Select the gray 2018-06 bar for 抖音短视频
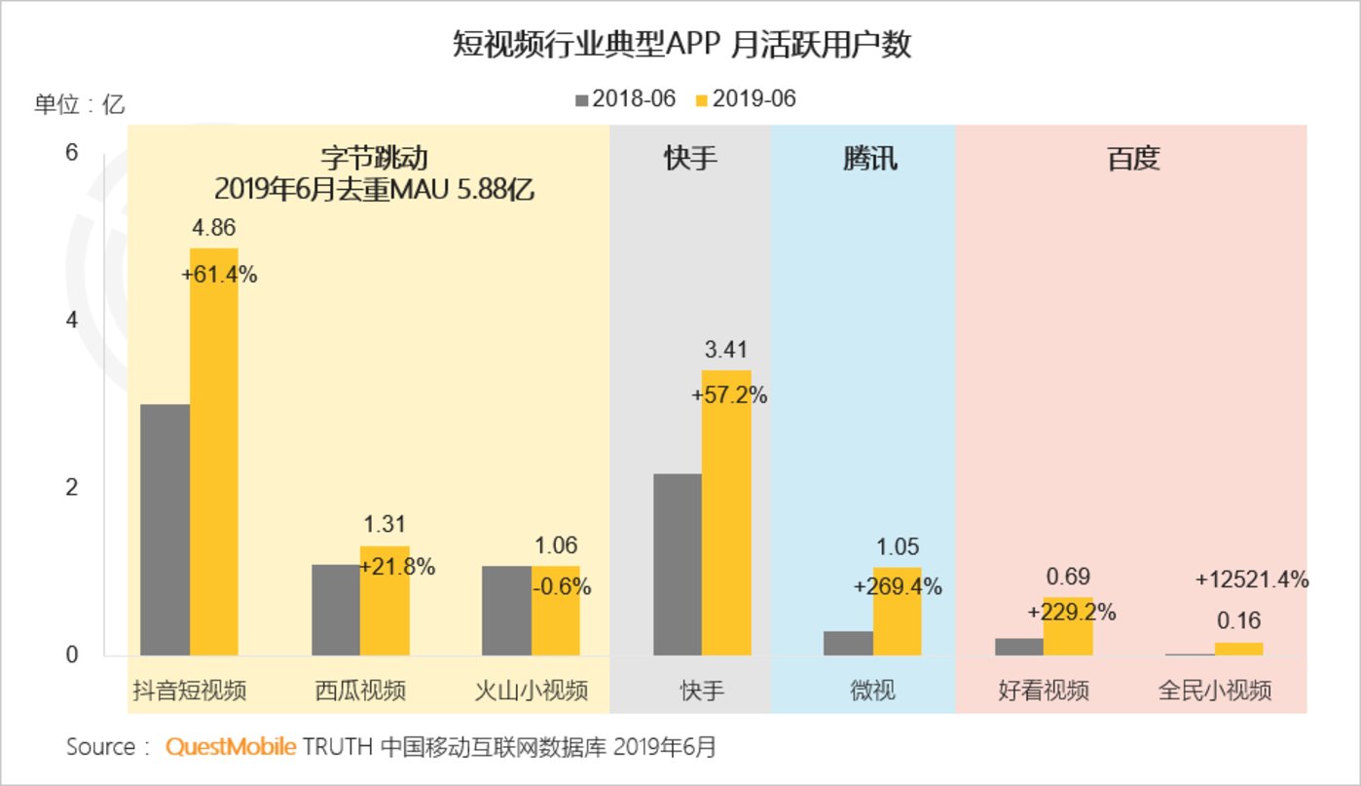[165, 530]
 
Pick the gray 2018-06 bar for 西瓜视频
[336, 610]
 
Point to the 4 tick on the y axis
[70, 320]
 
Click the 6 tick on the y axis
[70, 153]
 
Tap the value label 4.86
[213, 228]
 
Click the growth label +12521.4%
[1251, 580]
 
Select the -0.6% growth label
[561, 587]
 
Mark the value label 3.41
[725, 350]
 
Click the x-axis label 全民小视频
[1214, 691]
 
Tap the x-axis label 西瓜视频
[359, 691]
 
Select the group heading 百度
[1133, 158]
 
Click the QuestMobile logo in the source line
[230, 747]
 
